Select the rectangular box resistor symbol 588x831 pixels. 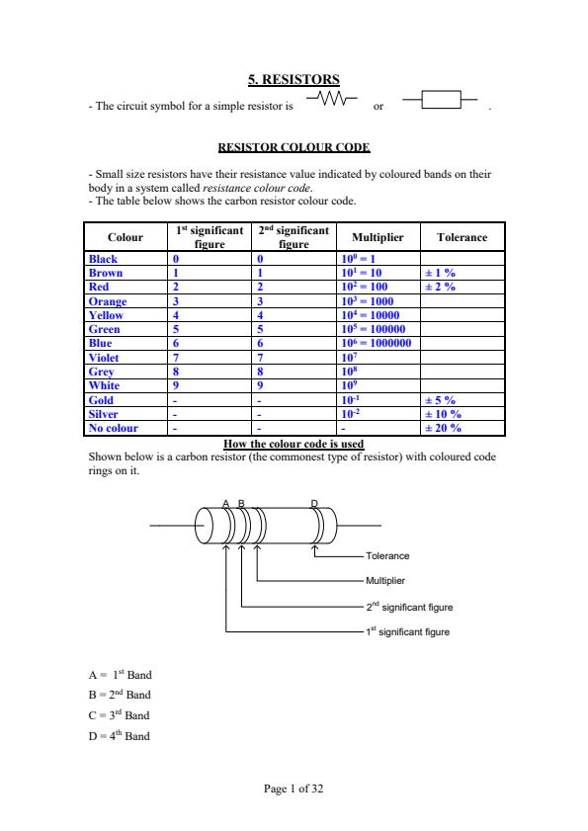(x=441, y=100)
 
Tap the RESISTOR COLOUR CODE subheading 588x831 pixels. (x=294, y=147)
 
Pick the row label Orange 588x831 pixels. (x=108, y=300)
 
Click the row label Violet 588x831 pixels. (x=105, y=357)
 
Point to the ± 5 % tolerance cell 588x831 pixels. (x=440, y=400)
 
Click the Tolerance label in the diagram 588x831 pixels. (x=387, y=556)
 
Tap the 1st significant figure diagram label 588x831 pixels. (x=407, y=630)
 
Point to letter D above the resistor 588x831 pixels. (x=314, y=504)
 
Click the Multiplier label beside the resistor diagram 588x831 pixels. (x=386, y=581)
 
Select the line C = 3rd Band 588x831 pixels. (x=119, y=713)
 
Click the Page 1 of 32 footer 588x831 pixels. (x=294, y=789)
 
